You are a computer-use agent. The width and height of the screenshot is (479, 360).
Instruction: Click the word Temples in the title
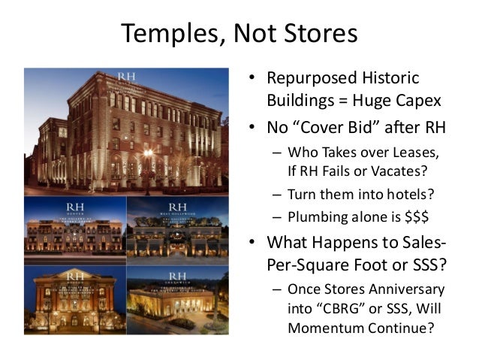pyautogui.click(x=167, y=35)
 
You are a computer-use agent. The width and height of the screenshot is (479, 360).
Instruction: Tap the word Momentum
pyautogui.click(x=320, y=326)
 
